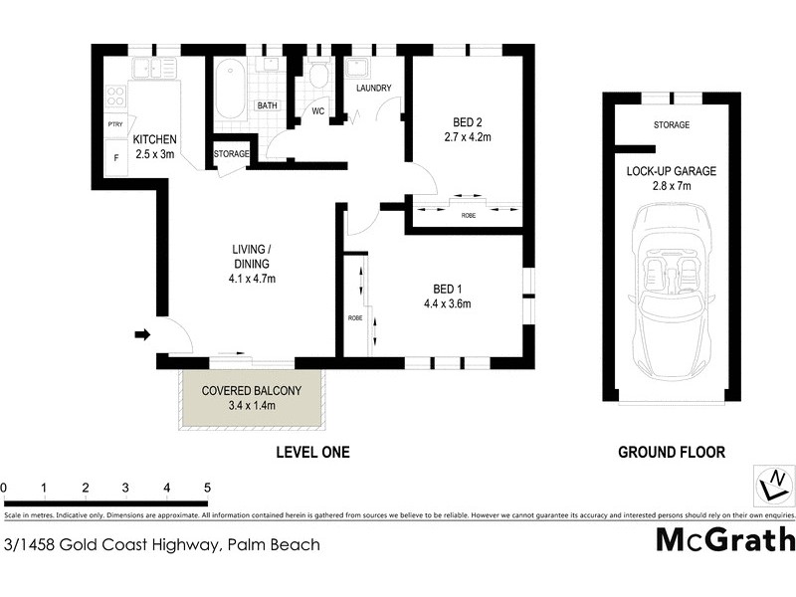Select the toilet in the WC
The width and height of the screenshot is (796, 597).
(318, 76)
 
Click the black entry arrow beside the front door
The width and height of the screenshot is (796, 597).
(142, 334)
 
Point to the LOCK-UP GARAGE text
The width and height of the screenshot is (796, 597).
(671, 171)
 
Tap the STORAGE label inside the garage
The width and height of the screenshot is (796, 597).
(672, 125)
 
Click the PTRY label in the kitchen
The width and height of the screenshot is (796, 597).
(114, 123)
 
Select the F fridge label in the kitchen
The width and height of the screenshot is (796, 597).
(114, 158)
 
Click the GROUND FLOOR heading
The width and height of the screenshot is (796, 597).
(672, 452)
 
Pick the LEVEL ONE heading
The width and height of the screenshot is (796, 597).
(311, 452)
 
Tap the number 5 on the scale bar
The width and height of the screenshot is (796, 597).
(207, 488)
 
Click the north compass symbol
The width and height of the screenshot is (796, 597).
(772, 486)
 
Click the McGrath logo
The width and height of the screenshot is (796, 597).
(725, 539)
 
